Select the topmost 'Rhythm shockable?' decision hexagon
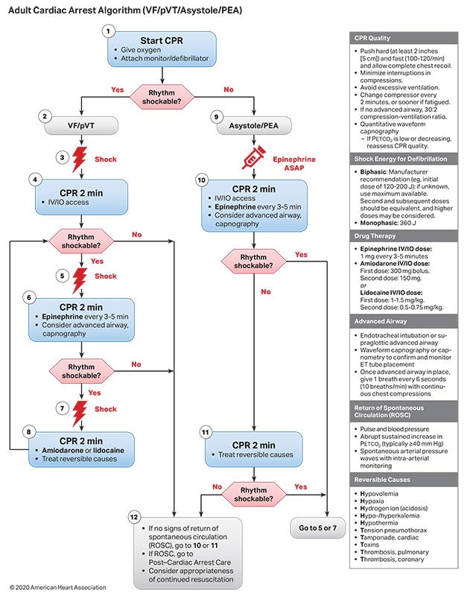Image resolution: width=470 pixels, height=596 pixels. pos(162,95)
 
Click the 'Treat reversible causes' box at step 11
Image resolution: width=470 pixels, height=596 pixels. pos(254,448)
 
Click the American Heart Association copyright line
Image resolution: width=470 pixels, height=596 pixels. pos(58,588)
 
